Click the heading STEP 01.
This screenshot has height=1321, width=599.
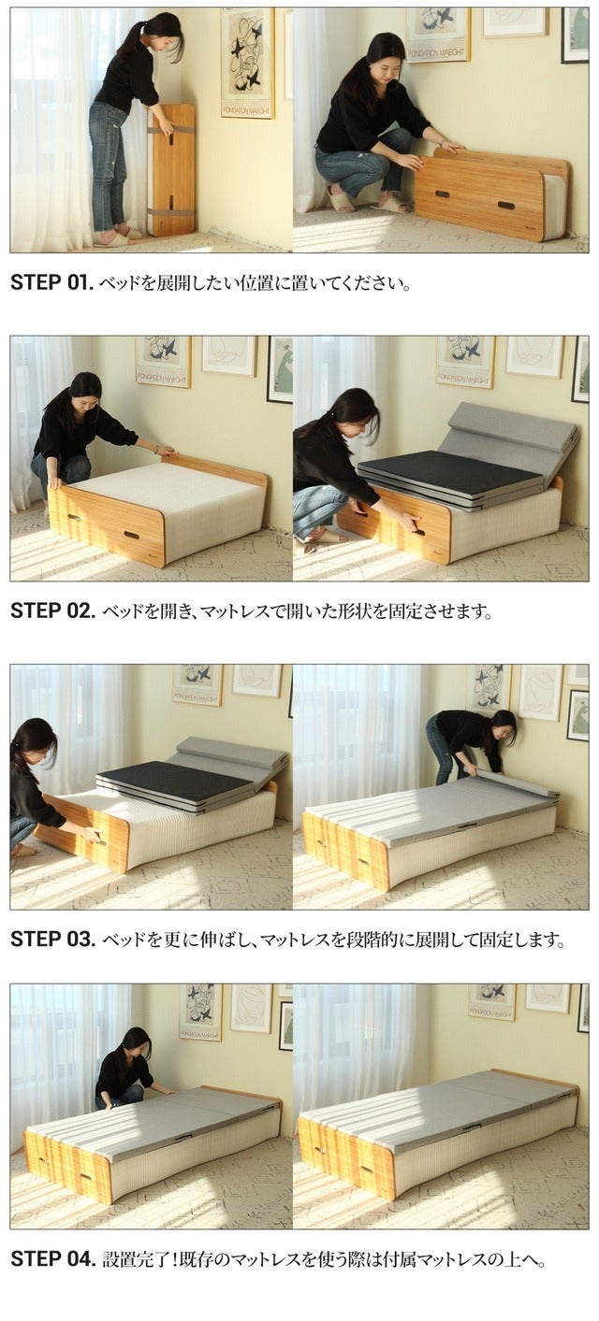[x=51, y=282]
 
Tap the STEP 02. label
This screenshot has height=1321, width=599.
[x=52, y=610]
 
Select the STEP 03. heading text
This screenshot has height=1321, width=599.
[x=52, y=939]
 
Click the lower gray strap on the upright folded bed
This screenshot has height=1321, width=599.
[x=169, y=211]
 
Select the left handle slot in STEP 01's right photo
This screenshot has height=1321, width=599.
[x=441, y=194]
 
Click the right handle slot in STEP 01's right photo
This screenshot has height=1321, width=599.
[x=505, y=205]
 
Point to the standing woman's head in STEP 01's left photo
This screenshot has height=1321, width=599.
[x=164, y=33]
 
